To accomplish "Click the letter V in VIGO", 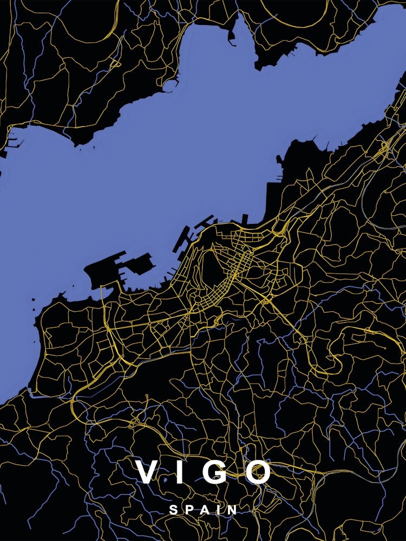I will pyautogui.click(x=147, y=472).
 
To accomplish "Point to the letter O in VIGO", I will pyautogui.click(x=258, y=472).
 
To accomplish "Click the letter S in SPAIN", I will pyautogui.click(x=173, y=510).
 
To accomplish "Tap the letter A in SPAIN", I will pyautogui.click(x=203, y=510).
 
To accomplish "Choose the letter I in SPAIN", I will pyautogui.click(x=218, y=510).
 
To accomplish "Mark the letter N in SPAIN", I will pyautogui.click(x=232, y=510).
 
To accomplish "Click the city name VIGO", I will pyautogui.click(x=203, y=472).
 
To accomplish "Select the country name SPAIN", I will pyautogui.click(x=203, y=510).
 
